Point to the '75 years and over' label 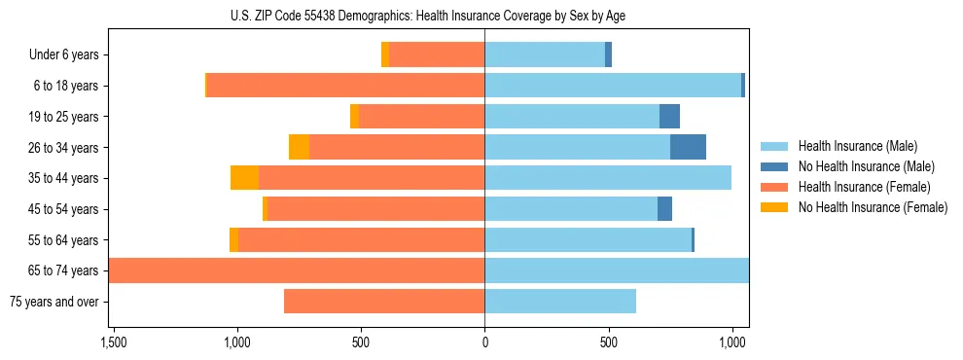click(x=54, y=302)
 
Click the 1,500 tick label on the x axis click(x=113, y=342)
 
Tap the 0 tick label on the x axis click(x=484, y=342)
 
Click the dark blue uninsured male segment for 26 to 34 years click(x=688, y=147)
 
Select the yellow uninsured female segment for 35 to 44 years click(x=244, y=178)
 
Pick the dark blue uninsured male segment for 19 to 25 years click(x=669, y=117)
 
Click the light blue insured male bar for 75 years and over click(x=560, y=302)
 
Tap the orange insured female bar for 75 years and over click(x=384, y=302)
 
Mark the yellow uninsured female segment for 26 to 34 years click(x=299, y=147)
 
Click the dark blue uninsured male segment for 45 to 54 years click(x=664, y=209)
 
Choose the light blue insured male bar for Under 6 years click(x=545, y=55)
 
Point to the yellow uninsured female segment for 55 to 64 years click(x=233, y=240)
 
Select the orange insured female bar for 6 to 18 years click(x=345, y=86)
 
